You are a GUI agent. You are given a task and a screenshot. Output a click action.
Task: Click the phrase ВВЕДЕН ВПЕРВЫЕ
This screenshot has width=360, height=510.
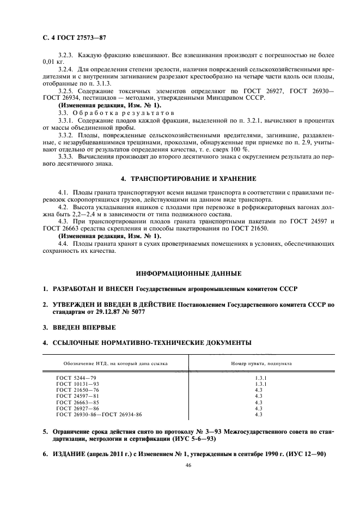[x=84, y=327]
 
